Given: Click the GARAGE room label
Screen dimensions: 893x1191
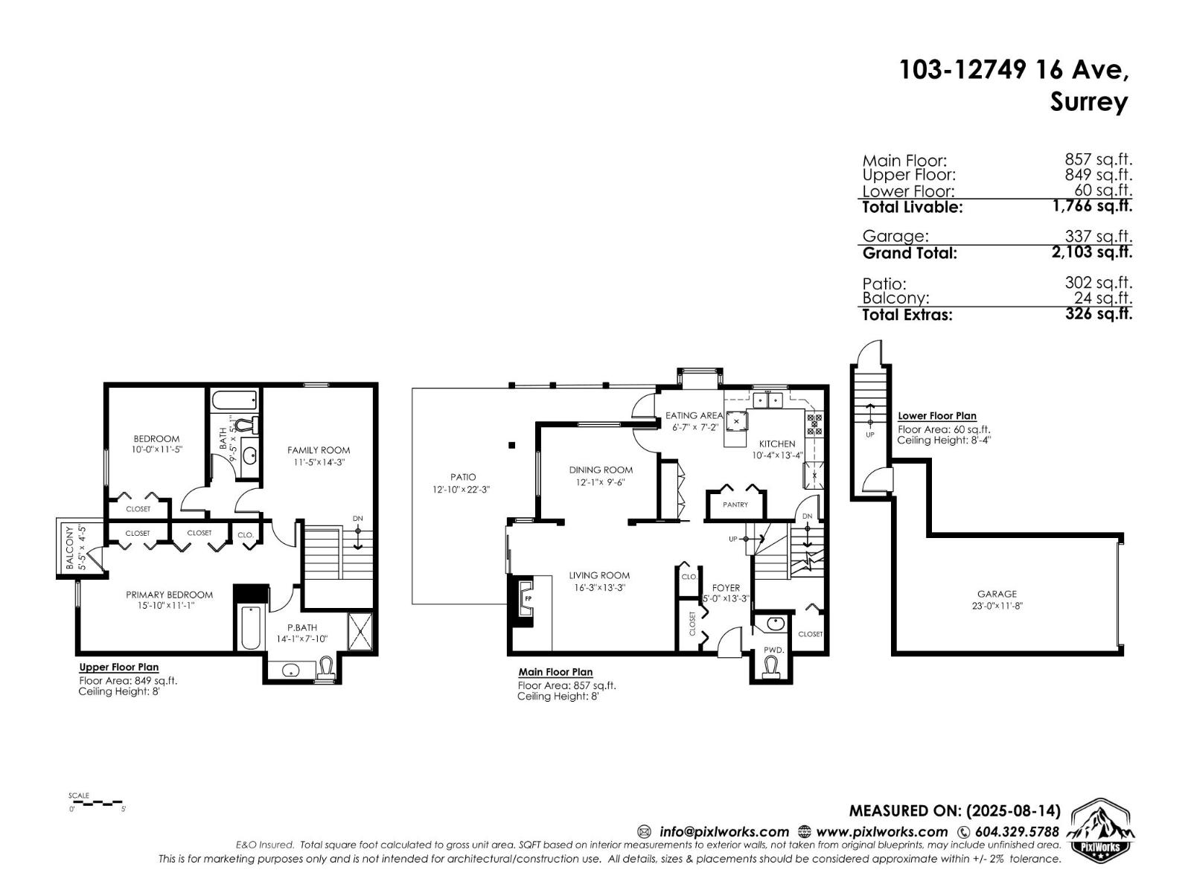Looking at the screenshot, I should pos(996,594).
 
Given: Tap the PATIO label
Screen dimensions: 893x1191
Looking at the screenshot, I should pos(462,477).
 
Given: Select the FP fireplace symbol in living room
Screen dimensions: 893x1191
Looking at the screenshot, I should pos(527,598).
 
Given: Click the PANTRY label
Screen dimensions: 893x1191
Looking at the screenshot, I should pos(735,505).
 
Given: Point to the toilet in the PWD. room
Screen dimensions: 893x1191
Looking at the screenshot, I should pos(774,665).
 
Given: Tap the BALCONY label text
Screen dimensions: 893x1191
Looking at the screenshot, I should pos(70,548).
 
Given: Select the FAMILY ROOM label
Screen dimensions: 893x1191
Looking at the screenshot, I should pos(319,449).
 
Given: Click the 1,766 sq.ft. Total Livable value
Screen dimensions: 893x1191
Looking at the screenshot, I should pos(1092,206).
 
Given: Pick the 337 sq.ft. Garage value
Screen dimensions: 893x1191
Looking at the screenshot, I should pos(1098,236).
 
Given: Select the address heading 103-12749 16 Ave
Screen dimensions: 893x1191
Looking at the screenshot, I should pos(1013,70).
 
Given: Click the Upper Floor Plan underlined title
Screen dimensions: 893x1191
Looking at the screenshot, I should pos(118,668).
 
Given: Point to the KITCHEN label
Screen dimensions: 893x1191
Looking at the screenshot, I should pos(777,444).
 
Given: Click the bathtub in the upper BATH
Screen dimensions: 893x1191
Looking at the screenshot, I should pos(234,402).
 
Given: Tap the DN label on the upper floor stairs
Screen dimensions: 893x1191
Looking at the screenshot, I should pos(358,519).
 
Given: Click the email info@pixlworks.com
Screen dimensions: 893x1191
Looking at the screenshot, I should pos(724,832).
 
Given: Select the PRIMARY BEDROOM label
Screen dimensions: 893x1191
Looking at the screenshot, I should pos(169,595).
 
